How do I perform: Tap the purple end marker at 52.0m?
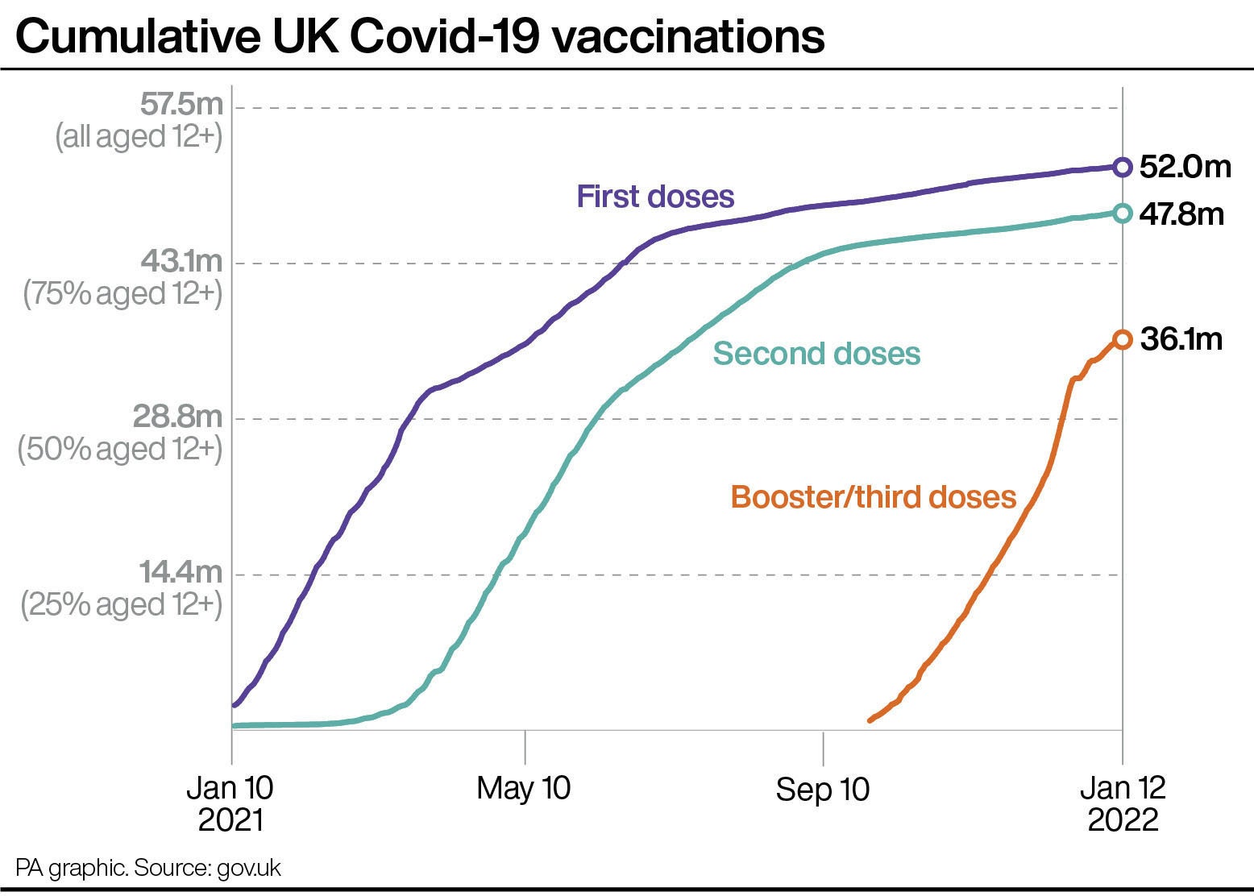pyautogui.click(x=1122, y=167)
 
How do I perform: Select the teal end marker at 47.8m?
pyautogui.click(x=1122, y=214)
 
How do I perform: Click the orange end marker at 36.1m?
pyautogui.click(x=1122, y=339)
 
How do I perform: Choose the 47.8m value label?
pyautogui.click(x=1181, y=214)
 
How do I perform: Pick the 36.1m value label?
pyautogui.click(x=1181, y=339)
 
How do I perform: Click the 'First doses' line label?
pyautogui.click(x=655, y=197)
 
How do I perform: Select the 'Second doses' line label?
pyautogui.click(x=816, y=353)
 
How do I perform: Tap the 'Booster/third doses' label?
pyautogui.click(x=874, y=496)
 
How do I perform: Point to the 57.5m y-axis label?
pyautogui.click(x=181, y=105)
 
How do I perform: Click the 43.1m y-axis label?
pyautogui.click(x=181, y=261)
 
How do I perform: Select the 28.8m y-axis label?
pyautogui.click(x=177, y=417)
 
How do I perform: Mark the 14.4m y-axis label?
pyautogui.click(x=181, y=572)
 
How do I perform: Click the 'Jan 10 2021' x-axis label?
pyautogui.click(x=230, y=803)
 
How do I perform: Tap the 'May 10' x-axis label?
pyautogui.click(x=524, y=787)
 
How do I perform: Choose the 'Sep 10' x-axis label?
pyautogui.click(x=823, y=789)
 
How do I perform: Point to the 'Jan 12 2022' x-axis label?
pyautogui.click(x=1123, y=803)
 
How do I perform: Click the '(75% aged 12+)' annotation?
pyautogui.click(x=122, y=293)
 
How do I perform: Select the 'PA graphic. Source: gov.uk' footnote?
pyautogui.click(x=148, y=868)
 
